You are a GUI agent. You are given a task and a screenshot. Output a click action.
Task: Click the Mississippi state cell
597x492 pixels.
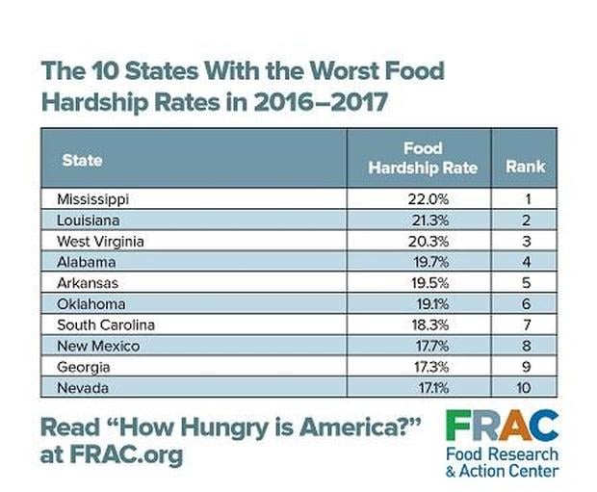point(93,199)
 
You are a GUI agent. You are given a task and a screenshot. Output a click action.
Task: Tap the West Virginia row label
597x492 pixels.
point(101,241)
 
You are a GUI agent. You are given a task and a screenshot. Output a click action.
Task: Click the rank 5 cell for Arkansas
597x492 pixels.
point(525,282)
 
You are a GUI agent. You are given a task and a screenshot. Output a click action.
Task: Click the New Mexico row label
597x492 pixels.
point(98,346)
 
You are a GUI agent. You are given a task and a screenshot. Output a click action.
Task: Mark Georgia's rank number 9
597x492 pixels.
point(525,367)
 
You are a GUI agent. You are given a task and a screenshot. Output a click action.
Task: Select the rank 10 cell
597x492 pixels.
point(525,387)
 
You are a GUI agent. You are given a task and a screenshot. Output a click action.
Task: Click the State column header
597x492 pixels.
point(82,160)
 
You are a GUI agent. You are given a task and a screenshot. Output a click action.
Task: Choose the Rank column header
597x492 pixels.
point(525,167)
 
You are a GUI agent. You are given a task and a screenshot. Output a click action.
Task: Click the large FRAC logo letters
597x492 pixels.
point(501,425)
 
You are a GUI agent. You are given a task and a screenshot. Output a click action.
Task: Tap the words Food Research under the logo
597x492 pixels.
point(501,453)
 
